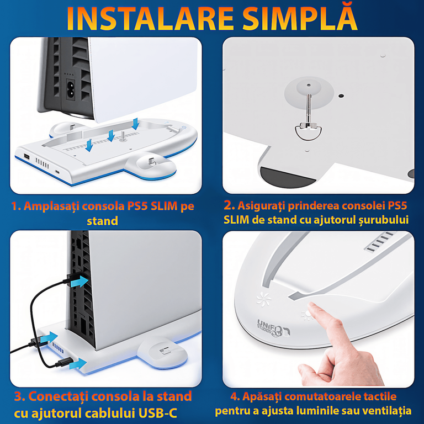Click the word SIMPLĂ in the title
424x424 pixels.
[300, 16]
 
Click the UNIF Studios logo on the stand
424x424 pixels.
[273, 328]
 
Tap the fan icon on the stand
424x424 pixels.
[264, 299]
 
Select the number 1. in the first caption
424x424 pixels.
[16, 206]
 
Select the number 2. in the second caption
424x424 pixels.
[229, 205]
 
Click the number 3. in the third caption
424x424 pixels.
[20, 396]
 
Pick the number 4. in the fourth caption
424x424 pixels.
[235, 397]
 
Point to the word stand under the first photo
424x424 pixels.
[103, 221]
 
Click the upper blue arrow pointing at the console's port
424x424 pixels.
[79, 282]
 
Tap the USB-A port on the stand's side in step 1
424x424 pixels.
[26, 156]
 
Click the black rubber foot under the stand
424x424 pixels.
[287, 177]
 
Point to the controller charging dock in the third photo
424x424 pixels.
[162, 352]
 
